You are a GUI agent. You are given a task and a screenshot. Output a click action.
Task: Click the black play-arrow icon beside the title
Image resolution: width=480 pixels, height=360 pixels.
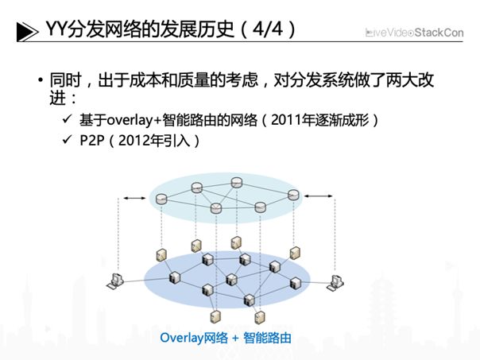(x=28, y=31)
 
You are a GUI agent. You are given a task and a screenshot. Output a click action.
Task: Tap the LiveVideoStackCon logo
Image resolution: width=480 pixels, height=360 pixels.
(x=415, y=33)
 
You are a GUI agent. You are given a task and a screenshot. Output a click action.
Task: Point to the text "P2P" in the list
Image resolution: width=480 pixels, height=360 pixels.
(x=92, y=141)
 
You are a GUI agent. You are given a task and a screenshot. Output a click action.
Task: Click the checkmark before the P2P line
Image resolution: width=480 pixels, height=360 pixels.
(x=67, y=140)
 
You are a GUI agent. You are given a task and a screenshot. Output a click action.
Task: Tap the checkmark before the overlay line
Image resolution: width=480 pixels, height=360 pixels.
(x=67, y=119)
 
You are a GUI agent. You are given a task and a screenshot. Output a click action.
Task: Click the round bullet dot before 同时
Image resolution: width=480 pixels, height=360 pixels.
(x=41, y=80)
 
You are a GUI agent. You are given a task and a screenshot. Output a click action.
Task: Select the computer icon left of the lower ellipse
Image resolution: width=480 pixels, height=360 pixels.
(x=115, y=281)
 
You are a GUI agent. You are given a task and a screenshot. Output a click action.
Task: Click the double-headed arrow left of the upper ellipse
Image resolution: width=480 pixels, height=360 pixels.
(x=134, y=199)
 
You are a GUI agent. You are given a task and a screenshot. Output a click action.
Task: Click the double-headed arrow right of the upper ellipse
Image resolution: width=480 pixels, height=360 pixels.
(x=318, y=196)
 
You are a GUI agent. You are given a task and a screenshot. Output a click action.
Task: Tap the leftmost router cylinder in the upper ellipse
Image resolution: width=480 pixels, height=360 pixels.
(x=161, y=199)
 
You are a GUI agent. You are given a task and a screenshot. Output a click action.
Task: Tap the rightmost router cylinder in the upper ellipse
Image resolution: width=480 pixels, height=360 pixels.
(x=293, y=195)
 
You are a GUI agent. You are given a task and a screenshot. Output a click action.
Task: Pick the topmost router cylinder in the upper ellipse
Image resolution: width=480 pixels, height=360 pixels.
(x=237, y=183)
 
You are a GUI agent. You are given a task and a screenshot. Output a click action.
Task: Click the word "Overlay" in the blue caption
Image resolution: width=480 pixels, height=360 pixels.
(x=181, y=338)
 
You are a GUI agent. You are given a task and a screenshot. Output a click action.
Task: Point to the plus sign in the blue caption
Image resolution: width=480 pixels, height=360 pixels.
(x=235, y=339)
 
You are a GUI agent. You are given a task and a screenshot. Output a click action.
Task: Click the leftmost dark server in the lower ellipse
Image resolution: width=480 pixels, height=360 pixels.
(x=175, y=277)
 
